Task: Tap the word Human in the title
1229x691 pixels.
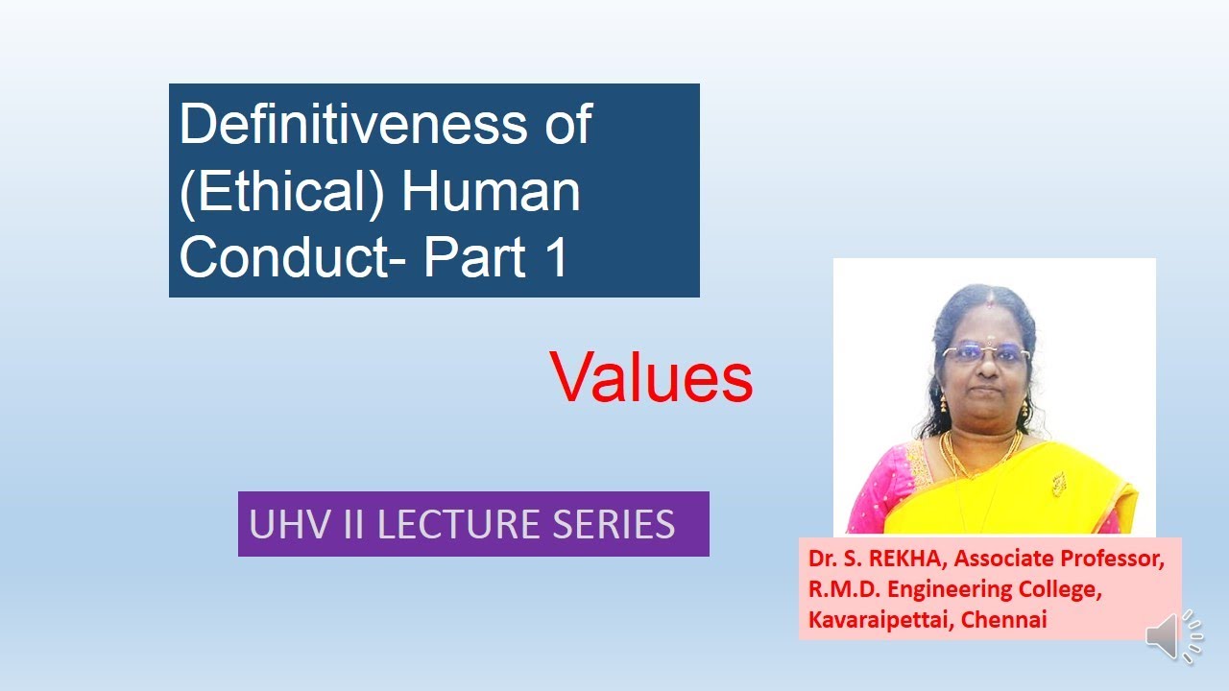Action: pyautogui.click(x=491, y=191)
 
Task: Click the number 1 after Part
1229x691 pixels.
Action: pyautogui.click(x=555, y=256)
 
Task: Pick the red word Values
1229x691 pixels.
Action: pyautogui.click(x=651, y=377)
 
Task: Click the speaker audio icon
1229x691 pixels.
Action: pyautogui.click(x=1173, y=634)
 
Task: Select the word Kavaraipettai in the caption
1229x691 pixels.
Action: pyautogui.click(x=873, y=619)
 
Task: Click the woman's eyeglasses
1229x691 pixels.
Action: pyautogui.click(x=986, y=354)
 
